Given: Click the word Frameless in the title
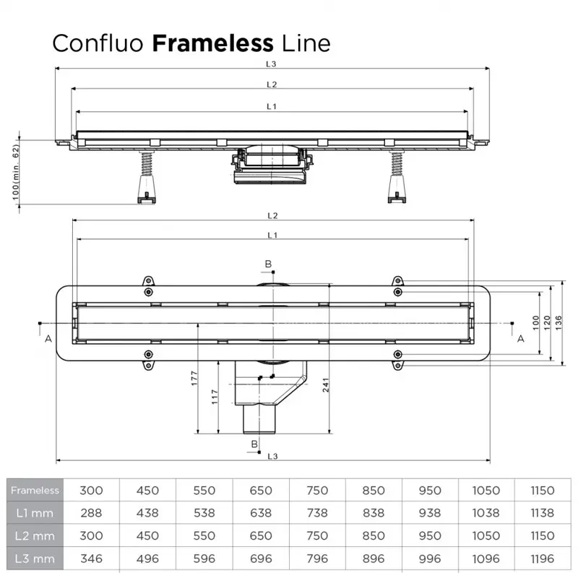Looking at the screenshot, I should pos(212,43).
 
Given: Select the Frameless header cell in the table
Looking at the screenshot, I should pos(35,490).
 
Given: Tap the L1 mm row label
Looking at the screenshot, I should pos(35,513).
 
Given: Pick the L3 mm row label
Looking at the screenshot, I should pos(35,559).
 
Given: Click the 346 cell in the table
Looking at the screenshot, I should pos(91,559).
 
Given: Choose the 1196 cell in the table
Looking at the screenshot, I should pos(542,559).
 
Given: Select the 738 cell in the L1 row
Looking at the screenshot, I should pos(317,513).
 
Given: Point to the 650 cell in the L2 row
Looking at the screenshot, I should pos(261,536).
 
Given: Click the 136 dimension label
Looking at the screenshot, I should pos(558,320).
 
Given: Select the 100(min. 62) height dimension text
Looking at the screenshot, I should pos(15,172).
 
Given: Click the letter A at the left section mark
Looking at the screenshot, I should pos(48,338).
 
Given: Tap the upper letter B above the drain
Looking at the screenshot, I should pos(268,264).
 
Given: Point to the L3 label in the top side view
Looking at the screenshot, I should pos(272,64).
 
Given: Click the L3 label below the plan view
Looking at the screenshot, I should pos(272,455).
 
